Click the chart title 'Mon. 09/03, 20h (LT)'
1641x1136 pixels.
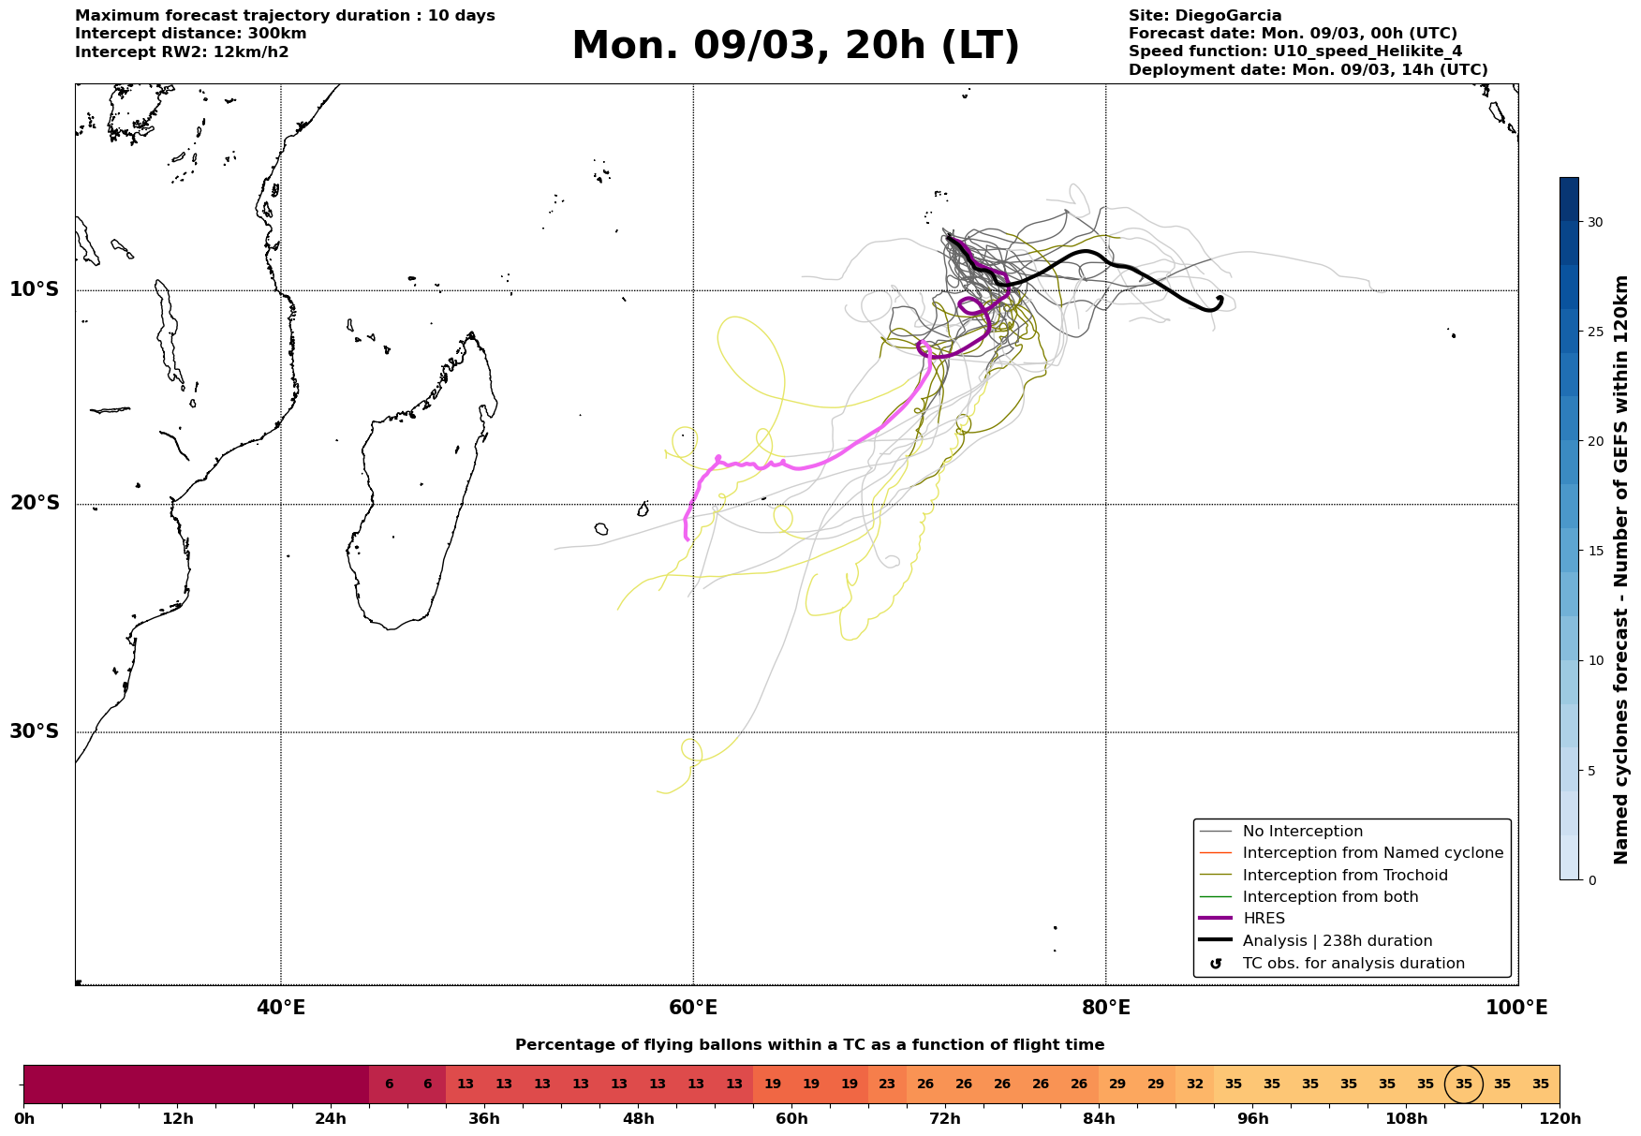tap(795, 46)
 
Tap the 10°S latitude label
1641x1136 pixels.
tap(35, 289)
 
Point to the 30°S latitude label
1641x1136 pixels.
tap(35, 731)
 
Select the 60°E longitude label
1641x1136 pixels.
tap(693, 1008)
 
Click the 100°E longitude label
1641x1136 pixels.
tap(1516, 1008)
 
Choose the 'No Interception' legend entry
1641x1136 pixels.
tap(1302, 832)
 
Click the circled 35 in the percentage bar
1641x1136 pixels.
tap(1464, 1084)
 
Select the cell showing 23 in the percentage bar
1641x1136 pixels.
tap(887, 1084)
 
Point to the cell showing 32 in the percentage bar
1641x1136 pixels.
tap(1194, 1084)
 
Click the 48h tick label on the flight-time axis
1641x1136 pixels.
tap(638, 1119)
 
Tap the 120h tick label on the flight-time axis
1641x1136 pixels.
tap(1560, 1119)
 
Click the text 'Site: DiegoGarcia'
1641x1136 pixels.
tap(1205, 16)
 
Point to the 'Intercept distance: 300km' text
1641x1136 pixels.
tap(190, 34)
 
